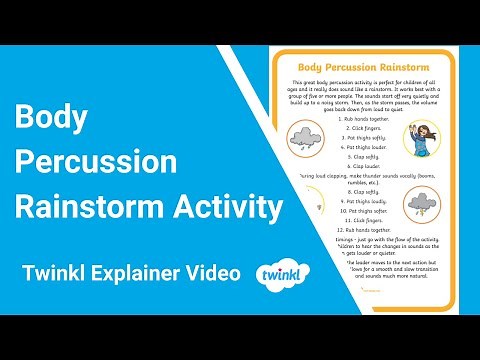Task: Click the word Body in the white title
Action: [x=50, y=118]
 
